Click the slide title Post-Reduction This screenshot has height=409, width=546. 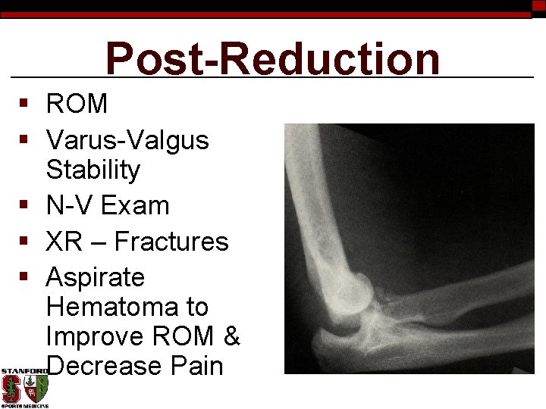coord(272,59)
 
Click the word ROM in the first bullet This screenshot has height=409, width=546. coord(77,104)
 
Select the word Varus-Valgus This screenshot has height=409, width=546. coord(127,140)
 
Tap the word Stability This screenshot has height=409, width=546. coord(93,170)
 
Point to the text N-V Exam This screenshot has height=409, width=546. coord(108,205)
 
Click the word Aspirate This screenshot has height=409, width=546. coord(95,277)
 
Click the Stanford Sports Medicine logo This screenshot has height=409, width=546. coord(24,389)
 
